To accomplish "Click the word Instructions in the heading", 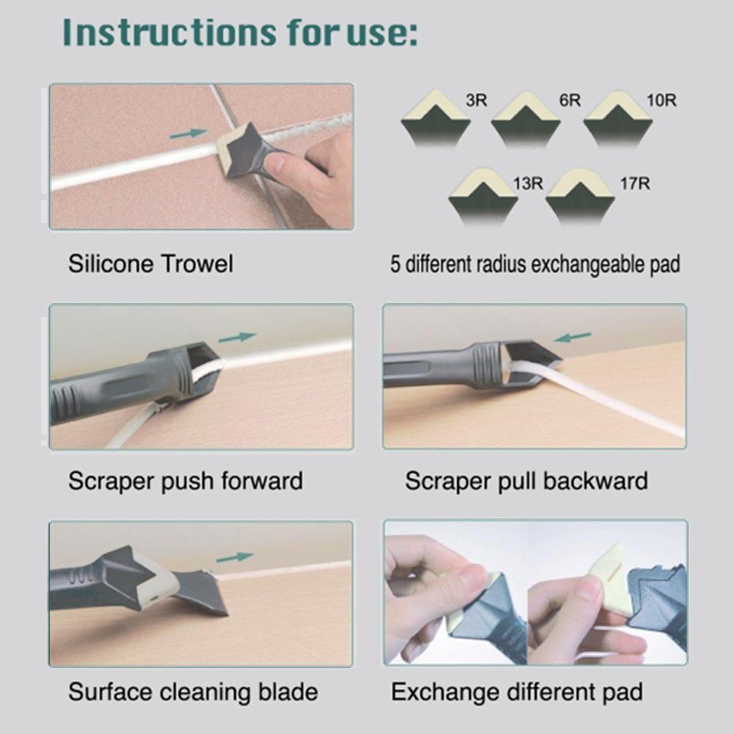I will (168, 32).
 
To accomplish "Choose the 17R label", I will (635, 183).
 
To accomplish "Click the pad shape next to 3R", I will (435, 117).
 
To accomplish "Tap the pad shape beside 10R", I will (617, 117).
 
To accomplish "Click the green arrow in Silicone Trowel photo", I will (188, 134).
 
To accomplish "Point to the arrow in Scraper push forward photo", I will (237, 338).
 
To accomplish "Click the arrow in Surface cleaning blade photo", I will (235, 557).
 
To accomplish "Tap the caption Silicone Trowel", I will (150, 264).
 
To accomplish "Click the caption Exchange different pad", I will (517, 691).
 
